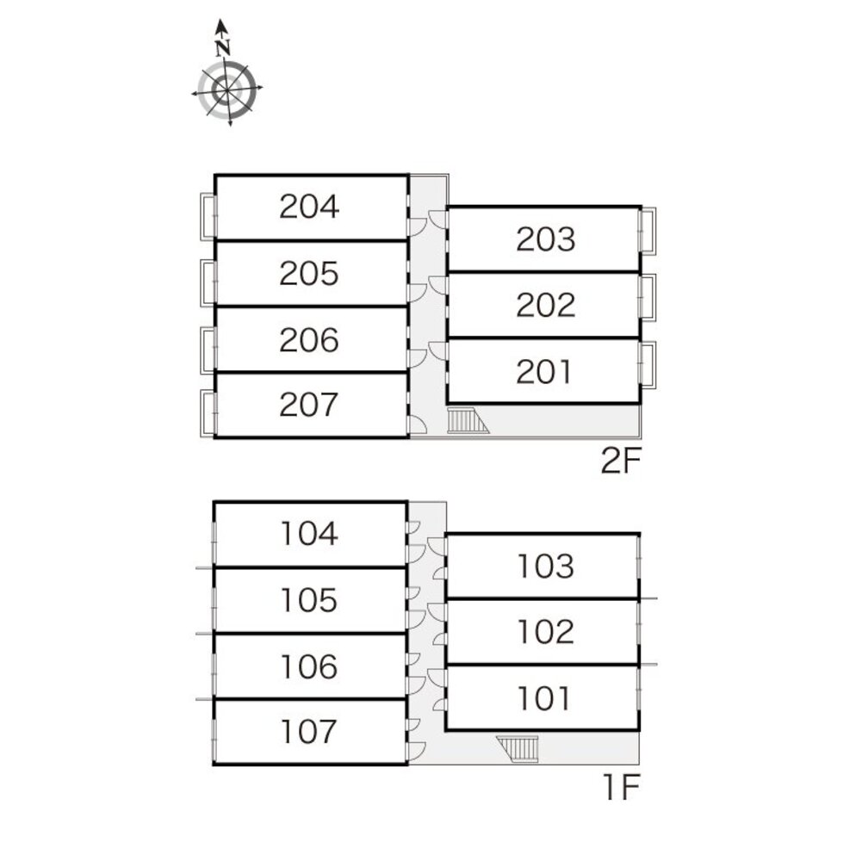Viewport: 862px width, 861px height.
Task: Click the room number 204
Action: tap(309, 208)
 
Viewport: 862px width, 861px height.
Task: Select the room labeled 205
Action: tap(309, 274)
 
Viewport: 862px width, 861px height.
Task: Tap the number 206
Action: tap(309, 341)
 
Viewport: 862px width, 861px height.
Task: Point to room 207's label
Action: tap(309, 405)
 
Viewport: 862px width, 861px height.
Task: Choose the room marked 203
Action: tap(545, 239)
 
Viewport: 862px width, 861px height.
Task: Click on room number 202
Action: tap(545, 305)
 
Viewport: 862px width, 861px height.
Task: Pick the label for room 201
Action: tap(545, 372)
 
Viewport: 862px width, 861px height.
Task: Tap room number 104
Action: tap(309, 535)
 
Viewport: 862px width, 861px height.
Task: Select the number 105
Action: tap(309, 600)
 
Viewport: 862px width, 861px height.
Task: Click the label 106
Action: tap(309, 666)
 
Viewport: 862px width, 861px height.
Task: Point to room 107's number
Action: tap(309, 733)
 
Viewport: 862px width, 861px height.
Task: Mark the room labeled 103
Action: tap(545, 567)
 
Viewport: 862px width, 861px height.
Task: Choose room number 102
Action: tap(545, 632)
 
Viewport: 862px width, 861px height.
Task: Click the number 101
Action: tap(545, 697)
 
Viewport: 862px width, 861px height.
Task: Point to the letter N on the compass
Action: tap(224, 48)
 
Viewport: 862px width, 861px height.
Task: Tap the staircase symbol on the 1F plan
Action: tap(518, 748)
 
